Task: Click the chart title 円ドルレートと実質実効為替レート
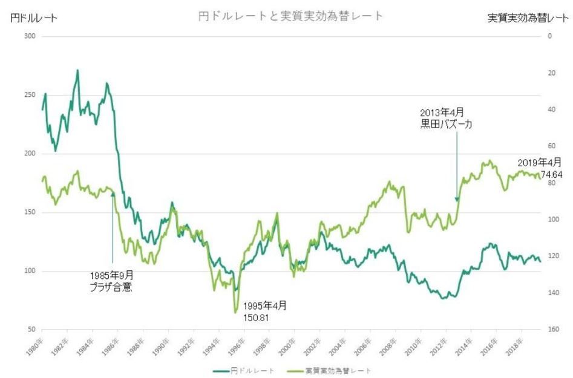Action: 290,16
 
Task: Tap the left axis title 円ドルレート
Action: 34,18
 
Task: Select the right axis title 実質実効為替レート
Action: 529,18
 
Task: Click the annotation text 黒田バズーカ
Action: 446,125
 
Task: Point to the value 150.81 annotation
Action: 257,317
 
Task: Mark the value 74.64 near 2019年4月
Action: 552,174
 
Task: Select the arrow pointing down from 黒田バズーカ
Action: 457,166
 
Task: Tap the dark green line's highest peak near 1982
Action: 77,70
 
